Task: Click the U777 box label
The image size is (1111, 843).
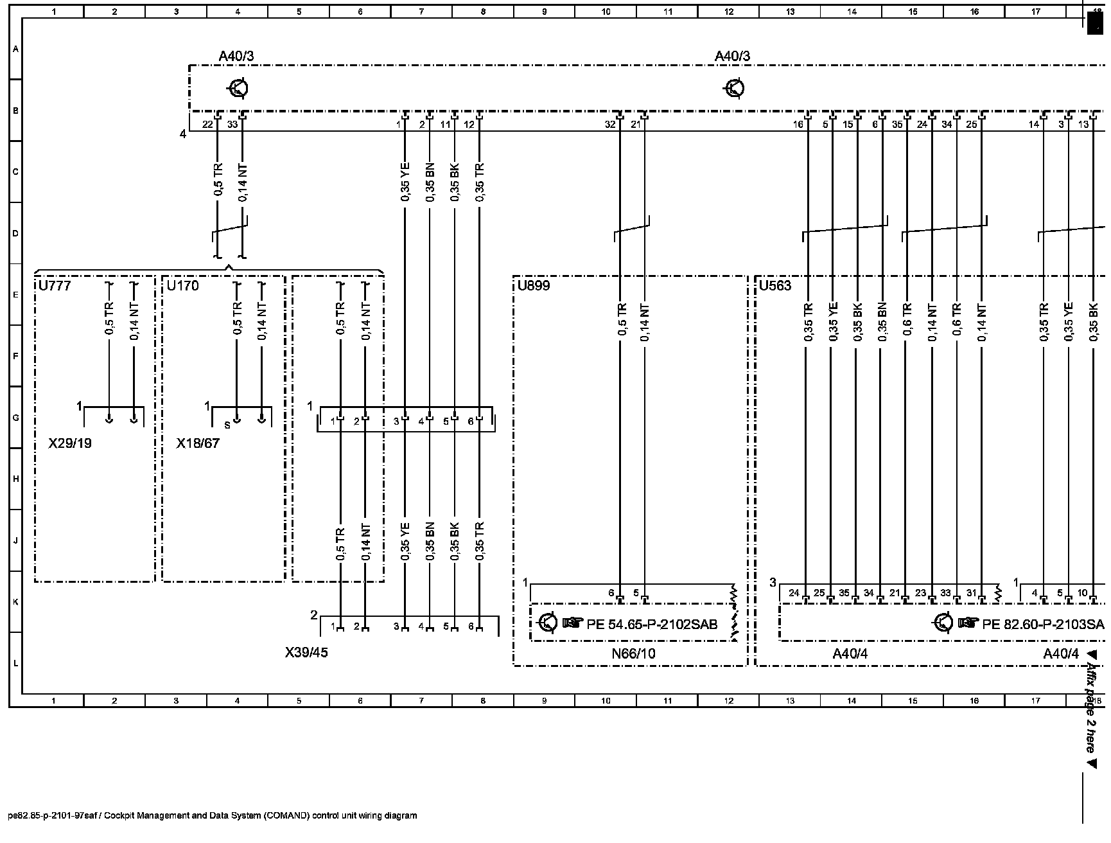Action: (55, 286)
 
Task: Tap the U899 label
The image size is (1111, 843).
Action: (534, 286)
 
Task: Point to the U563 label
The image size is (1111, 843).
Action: (775, 286)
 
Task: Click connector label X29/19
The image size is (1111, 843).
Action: (70, 443)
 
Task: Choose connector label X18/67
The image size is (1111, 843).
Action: (198, 443)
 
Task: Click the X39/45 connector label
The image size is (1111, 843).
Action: (306, 653)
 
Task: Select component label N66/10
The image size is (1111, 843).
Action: (634, 654)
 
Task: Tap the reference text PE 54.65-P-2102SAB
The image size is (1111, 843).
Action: (652, 624)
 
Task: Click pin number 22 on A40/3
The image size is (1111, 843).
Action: (207, 125)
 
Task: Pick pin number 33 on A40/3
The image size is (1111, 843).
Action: (232, 125)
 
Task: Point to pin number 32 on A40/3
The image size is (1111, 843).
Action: (610, 125)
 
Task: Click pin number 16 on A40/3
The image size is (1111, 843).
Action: (798, 125)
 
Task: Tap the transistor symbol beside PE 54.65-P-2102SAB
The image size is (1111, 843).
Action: (547, 623)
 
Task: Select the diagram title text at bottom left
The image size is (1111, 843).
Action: (213, 816)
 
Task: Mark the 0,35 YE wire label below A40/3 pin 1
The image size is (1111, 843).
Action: (405, 183)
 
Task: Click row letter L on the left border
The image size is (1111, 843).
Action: (15, 664)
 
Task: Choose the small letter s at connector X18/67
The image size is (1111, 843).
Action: (227, 425)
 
